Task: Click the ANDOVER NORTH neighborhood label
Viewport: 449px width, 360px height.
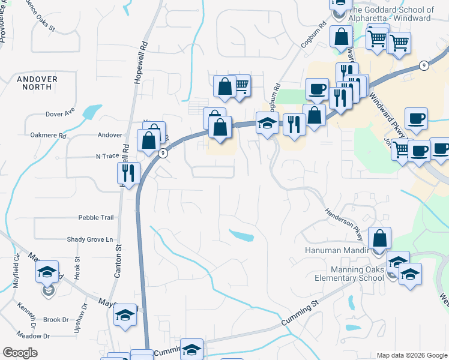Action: coord(37,83)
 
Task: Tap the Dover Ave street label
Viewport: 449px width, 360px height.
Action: coord(60,113)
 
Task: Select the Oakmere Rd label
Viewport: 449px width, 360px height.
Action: coord(47,136)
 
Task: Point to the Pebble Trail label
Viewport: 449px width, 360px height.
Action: coord(95,218)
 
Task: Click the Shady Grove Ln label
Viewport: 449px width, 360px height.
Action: coord(89,239)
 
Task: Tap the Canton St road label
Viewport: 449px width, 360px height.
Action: coord(118,264)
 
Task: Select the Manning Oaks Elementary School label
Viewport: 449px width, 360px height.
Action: coord(349,274)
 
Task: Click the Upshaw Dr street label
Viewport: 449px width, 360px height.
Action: coord(84,314)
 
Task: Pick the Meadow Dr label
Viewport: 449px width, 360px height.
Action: coord(32,335)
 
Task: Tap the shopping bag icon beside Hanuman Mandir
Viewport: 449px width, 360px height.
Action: coord(379,238)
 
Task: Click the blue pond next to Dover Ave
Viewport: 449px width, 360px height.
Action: coord(91,112)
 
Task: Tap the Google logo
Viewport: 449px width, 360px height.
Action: coord(20,353)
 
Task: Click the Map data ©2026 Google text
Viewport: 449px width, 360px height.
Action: coord(411,355)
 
